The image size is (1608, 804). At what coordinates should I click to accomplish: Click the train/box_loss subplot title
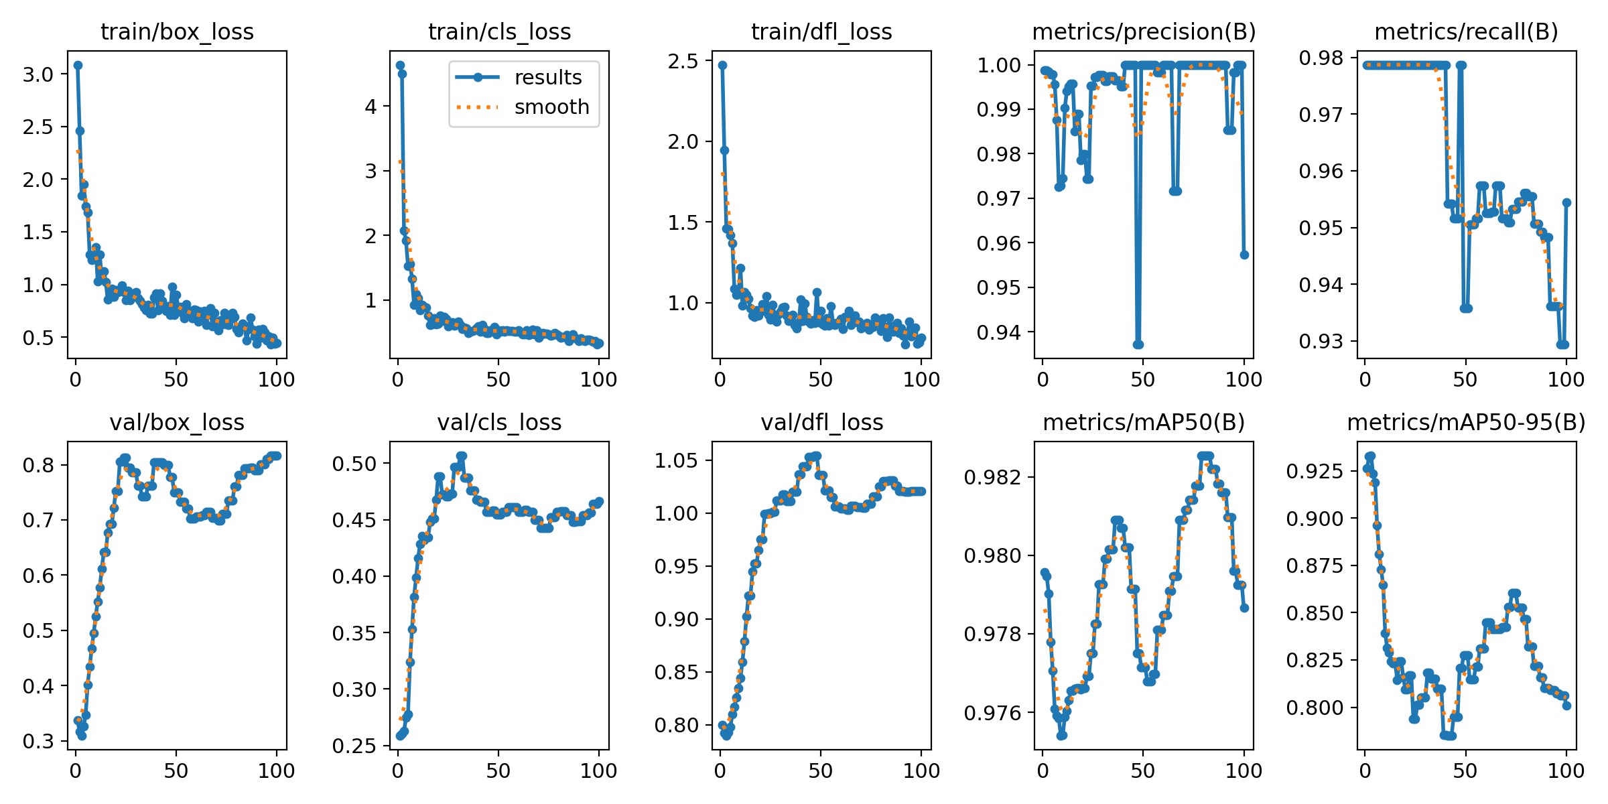coord(177,32)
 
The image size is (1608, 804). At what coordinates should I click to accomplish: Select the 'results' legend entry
coord(547,78)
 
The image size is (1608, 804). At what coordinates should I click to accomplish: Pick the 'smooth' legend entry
coord(551,107)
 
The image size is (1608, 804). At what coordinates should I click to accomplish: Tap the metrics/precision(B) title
coord(1144,32)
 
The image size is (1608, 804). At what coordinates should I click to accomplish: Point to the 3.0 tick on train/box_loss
coord(38,74)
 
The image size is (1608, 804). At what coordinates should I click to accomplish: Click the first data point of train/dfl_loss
coord(722,65)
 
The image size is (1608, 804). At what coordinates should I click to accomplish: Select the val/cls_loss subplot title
coord(499,423)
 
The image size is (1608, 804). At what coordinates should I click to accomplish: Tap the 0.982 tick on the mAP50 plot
coord(994,477)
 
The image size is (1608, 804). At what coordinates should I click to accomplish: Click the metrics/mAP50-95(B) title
coord(1466,423)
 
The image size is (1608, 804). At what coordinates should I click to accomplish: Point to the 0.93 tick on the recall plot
coord(1321,342)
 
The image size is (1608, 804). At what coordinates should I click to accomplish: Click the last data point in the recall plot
coord(1566,202)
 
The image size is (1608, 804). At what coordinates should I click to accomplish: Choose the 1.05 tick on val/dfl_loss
coord(676,461)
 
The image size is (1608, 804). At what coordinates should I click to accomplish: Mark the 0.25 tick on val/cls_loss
coord(354,746)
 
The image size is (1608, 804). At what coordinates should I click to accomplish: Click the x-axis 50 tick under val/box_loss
coord(176,771)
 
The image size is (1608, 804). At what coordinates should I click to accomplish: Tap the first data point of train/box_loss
coord(78,65)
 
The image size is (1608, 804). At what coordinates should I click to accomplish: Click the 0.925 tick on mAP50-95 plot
coord(1315,472)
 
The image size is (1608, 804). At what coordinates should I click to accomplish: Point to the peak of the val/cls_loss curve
coord(462,456)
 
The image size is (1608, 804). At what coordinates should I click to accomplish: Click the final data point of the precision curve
coord(1244,255)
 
